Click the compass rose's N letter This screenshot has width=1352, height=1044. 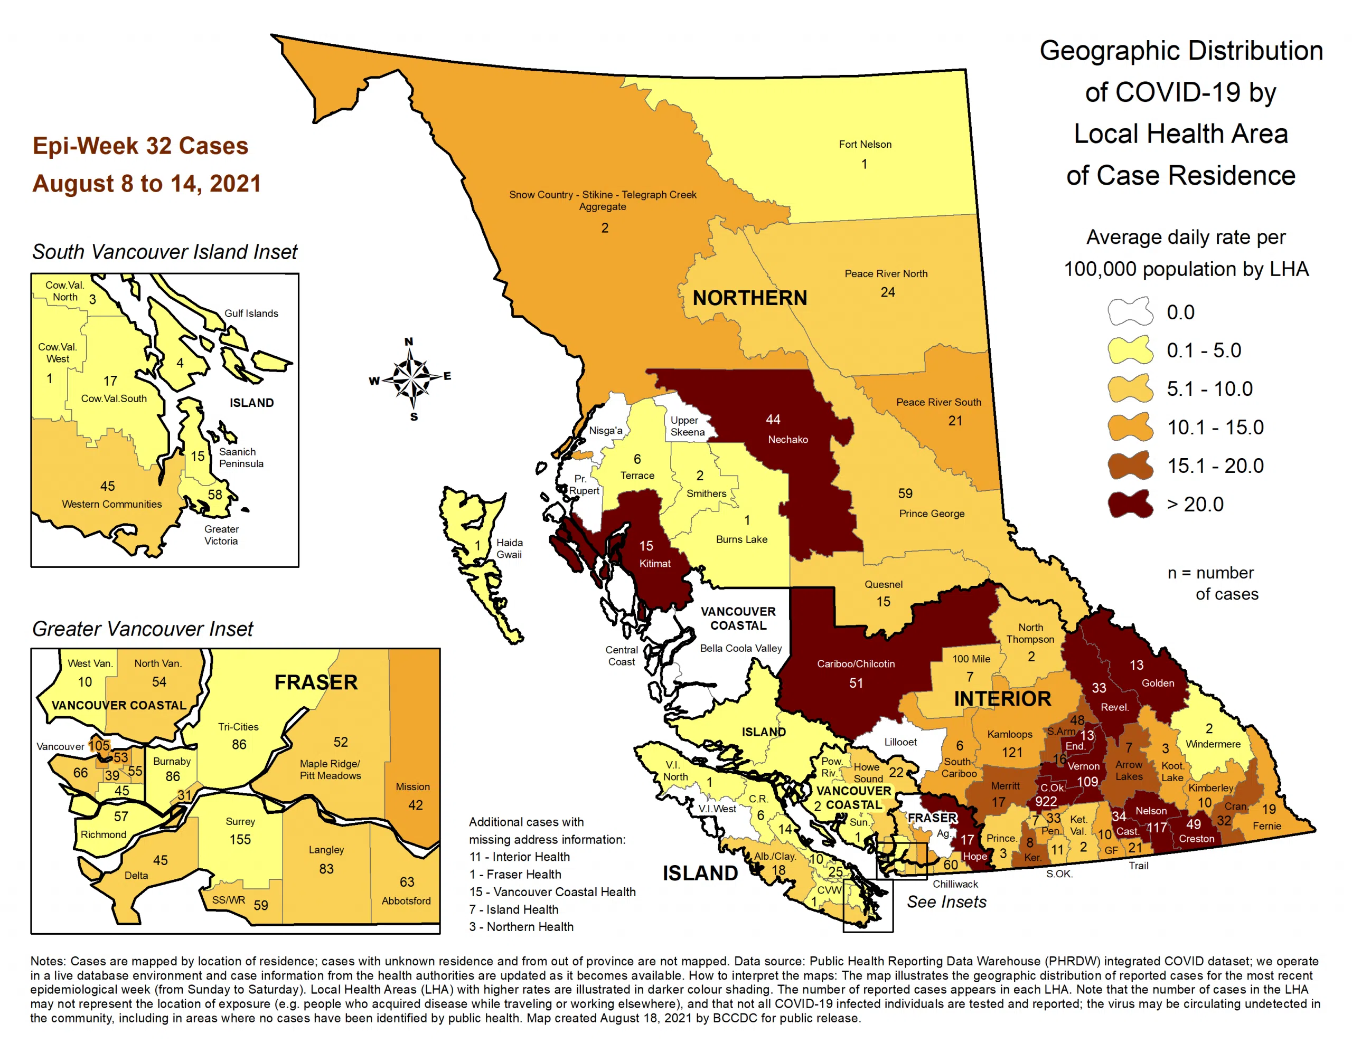409,341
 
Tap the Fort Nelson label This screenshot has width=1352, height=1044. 865,144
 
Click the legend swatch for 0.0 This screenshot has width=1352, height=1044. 1130,311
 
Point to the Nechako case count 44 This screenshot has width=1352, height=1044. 773,420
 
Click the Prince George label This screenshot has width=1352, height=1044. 931,513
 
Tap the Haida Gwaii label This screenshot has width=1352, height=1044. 509,548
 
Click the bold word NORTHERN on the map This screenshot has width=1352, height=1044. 749,298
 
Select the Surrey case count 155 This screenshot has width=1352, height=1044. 240,839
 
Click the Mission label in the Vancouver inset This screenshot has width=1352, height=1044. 412,786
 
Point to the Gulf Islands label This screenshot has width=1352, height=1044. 251,313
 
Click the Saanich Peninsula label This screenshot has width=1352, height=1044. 241,457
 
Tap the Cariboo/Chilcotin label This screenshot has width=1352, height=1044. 856,663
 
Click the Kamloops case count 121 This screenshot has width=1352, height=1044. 1012,752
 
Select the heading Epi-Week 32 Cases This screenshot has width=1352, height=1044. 140,146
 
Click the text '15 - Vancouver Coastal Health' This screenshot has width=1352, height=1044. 552,892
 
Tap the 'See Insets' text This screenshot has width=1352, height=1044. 946,901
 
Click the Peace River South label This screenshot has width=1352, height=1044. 938,402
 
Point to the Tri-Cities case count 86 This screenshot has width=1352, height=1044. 239,745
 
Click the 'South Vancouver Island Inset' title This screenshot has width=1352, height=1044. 165,252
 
